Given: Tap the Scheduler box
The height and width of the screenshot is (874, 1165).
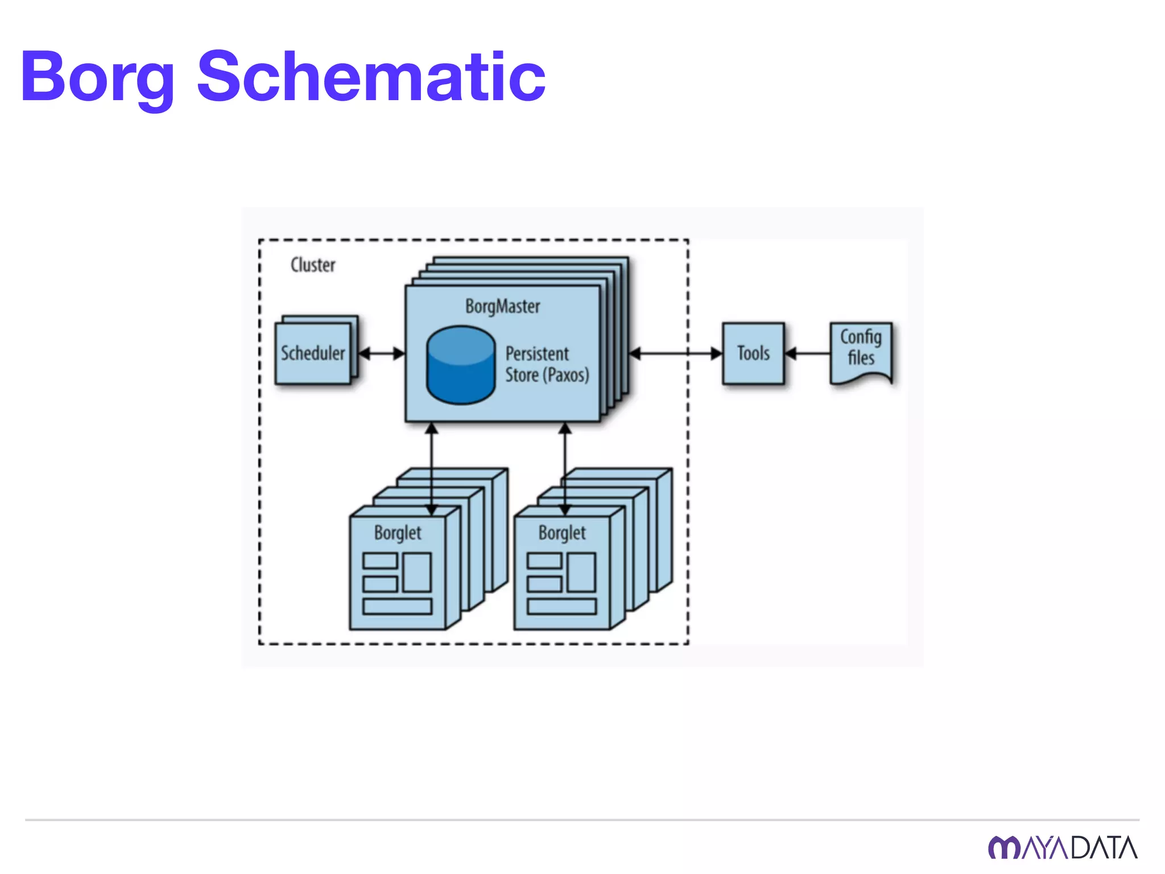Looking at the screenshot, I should coord(313,353).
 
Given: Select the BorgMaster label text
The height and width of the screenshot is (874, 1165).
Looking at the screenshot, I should coord(502,307).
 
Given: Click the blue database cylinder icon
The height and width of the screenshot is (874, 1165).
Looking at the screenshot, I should coord(461,365).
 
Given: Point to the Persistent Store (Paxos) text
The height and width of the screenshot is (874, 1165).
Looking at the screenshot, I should coord(547,364).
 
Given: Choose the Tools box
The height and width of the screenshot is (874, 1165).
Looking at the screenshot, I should coord(753,353).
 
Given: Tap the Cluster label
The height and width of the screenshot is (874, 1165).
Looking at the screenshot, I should coord(313,265).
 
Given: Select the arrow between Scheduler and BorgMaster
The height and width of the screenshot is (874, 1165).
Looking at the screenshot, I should coord(382,353).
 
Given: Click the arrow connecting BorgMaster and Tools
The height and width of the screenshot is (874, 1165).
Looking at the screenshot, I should coord(676,353).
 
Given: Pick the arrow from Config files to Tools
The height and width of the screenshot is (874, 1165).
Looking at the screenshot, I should coord(807,353).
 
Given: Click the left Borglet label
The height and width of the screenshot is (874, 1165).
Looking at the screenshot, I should coord(398,533).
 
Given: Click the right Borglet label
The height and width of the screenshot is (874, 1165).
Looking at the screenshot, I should coord(562,533).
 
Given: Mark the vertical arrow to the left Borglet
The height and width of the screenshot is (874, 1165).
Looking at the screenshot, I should coord(432,467).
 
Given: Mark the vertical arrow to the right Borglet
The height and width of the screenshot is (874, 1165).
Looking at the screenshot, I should coord(565,467).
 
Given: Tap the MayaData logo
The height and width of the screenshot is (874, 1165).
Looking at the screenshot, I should coord(1063,848).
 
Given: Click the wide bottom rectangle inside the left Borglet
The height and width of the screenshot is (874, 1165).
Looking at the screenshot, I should coord(397,607).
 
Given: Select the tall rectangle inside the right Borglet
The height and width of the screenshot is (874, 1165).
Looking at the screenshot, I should coord(581,572).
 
